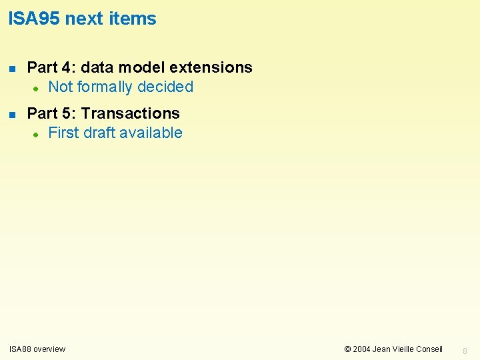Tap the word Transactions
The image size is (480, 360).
click(130, 113)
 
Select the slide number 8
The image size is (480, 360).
click(465, 350)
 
